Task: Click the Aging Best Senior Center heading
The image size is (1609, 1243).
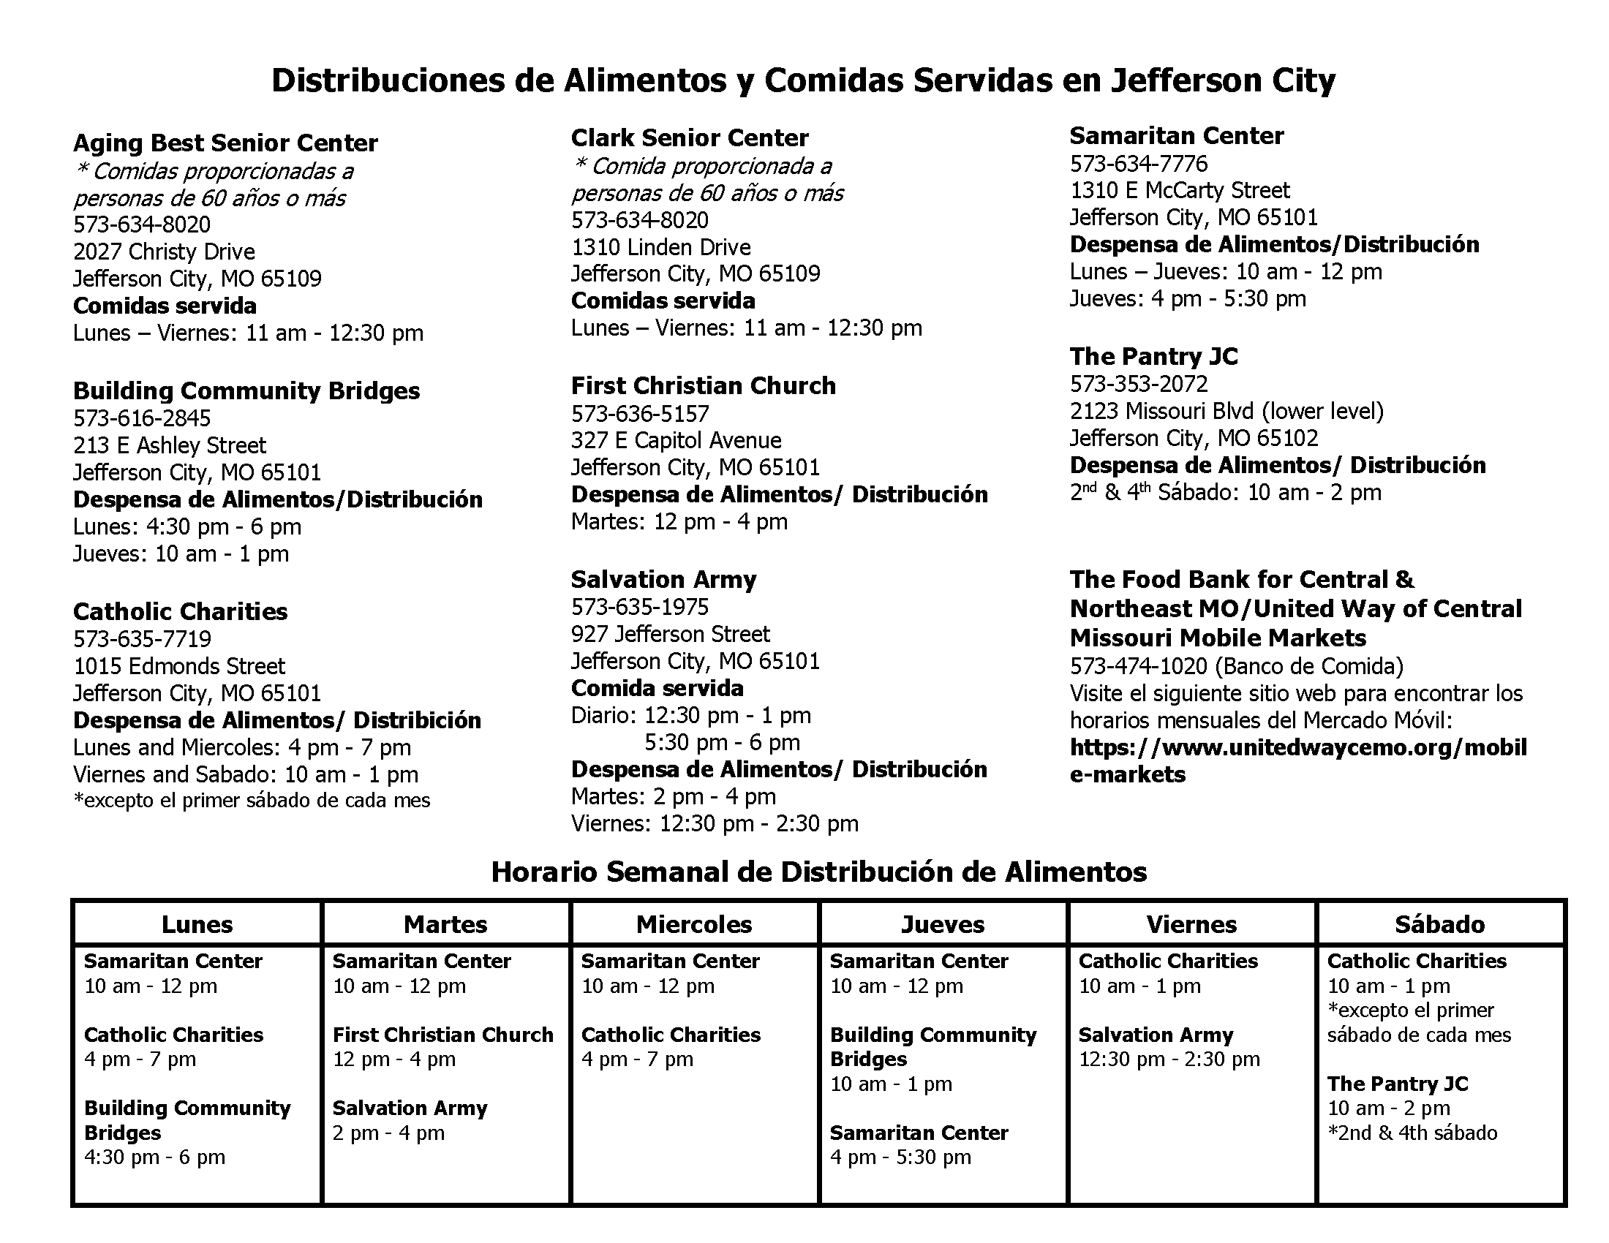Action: pyautogui.click(x=225, y=143)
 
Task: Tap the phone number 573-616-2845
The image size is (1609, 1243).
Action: pyautogui.click(x=141, y=418)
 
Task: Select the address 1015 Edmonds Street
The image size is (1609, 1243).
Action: pyautogui.click(x=178, y=666)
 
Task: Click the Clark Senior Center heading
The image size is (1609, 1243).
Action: pyautogui.click(x=690, y=138)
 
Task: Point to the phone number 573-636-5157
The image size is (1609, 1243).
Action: pyautogui.click(x=639, y=414)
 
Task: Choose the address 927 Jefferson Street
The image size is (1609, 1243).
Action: pyautogui.click(x=670, y=634)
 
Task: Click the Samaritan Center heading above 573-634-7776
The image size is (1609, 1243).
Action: pyautogui.click(x=1177, y=136)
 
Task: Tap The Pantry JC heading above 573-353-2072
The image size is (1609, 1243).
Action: pyautogui.click(x=1153, y=357)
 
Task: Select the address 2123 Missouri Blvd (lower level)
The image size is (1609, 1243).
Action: pyautogui.click(x=1226, y=411)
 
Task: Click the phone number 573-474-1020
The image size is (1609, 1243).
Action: pyautogui.click(x=1138, y=666)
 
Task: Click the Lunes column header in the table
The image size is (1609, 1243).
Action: pyautogui.click(x=197, y=924)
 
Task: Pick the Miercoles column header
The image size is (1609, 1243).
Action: pyautogui.click(x=694, y=924)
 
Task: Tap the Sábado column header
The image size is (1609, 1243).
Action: pyautogui.click(x=1439, y=924)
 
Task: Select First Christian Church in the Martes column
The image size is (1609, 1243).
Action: pyautogui.click(x=442, y=1035)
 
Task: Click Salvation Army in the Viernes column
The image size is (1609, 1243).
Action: pyautogui.click(x=1155, y=1035)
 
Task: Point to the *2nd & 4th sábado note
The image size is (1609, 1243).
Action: pyautogui.click(x=1412, y=1133)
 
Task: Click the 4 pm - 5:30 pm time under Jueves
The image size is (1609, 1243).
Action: pyautogui.click(x=900, y=1157)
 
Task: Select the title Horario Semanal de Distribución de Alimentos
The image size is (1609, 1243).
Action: pyautogui.click(x=818, y=872)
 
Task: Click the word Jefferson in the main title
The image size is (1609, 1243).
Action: pyautogui.click(x=1186, y=80)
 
